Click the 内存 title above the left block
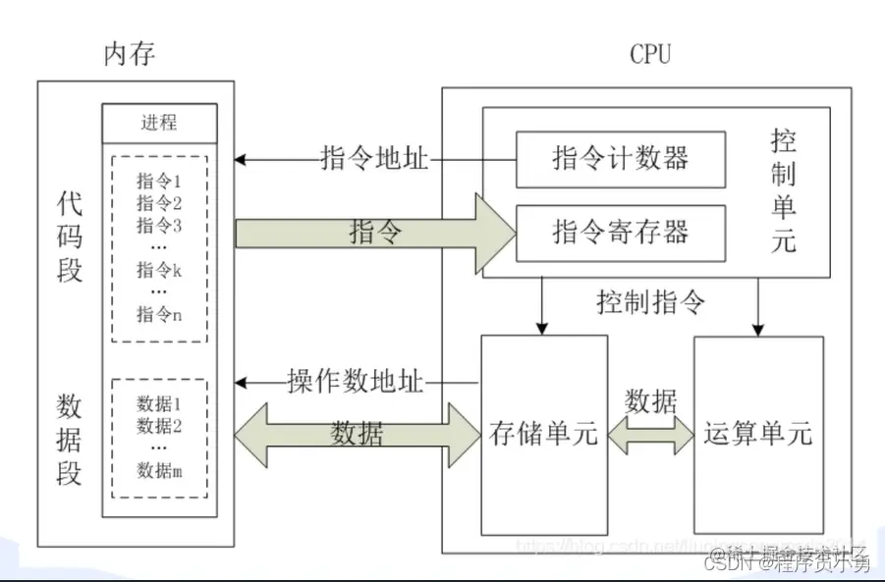(x=130, y=55)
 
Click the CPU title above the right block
(x=649, y=55)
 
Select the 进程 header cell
(x=159, y=123)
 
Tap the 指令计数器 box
(x=620, y=158)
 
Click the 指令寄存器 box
(x=620, y=233)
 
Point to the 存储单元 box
(x=543, y=434)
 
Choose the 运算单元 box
(x=757, y=434)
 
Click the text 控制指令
(x=650, y=301)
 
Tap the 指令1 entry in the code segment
(x=159, y=181)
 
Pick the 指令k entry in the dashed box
(x=159, y=269)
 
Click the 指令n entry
(x=159, y=314)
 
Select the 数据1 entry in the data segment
(x=159, y=402)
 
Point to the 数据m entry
(x=159, y=471)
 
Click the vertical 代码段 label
(x=70, y=237)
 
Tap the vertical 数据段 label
(x=70, y=439)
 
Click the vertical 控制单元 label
(x=783, y=192)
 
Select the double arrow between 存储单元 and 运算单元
(x=650, y=433)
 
